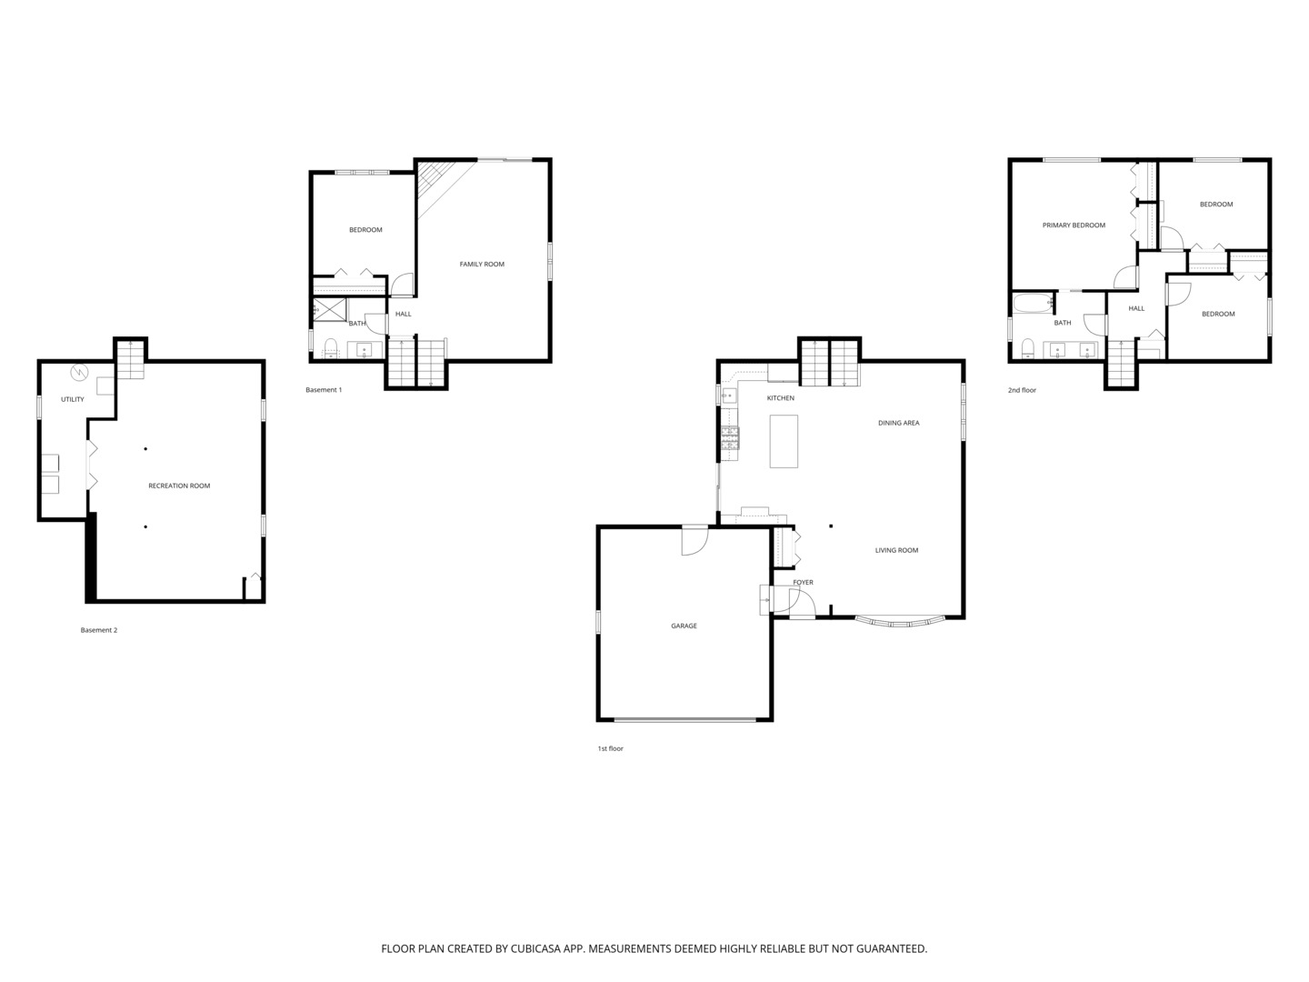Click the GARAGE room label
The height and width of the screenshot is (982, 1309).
pos(684,626)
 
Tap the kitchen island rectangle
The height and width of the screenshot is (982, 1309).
pos(784,441)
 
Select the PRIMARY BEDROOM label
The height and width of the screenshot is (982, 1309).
pos(1074,225)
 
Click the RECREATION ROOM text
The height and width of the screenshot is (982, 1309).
pos(179,486)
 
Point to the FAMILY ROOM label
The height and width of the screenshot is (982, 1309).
pos(481,265)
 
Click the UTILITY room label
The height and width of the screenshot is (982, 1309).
pos(73,399)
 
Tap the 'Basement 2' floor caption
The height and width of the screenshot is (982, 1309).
pos(99,630)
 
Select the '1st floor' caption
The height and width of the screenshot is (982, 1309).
pos(610,748)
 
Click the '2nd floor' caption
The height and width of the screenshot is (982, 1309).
pos(1022,390)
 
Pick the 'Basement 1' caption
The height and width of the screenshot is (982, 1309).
pos(324,390)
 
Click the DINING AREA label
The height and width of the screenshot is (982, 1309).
pos(898,423)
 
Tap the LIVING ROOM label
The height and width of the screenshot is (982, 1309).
pos(896,550)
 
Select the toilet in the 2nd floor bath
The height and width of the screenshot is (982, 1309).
pos(1028,349)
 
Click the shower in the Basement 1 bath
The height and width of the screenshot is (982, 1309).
pos(329,310)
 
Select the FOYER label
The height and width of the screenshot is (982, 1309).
pos(803,582)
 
